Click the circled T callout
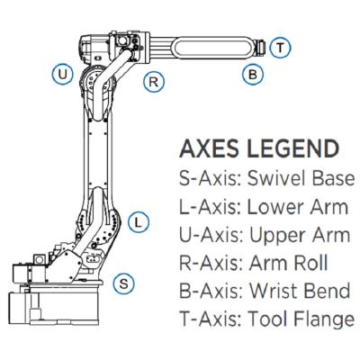coord(280,48)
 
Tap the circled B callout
coord(253,74)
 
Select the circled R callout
coord(154,82)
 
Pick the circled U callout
coord(62,74)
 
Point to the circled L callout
coord(139,222)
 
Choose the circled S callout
coord(124,283)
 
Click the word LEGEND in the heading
coord(292,148)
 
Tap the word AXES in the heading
coord(209,148)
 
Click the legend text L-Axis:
coord(211,207)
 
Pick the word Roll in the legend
coord(310,263)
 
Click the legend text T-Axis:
coord(211,319)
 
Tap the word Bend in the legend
coord(327,291)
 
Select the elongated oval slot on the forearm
coord(214,47)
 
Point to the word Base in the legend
coord(334,178)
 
